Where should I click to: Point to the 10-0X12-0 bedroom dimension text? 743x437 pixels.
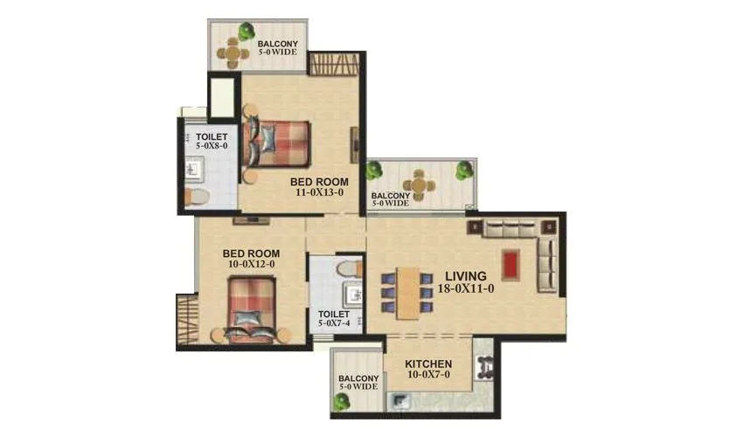[249, 263]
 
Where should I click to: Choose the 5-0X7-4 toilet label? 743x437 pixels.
[334, 324]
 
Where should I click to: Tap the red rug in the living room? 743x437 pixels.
[510, 264]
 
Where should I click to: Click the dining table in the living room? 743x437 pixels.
[407, 292]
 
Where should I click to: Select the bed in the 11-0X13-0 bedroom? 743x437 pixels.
[280, 142]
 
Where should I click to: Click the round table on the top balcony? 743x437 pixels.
[233, 54]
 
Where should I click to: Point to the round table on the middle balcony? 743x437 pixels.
[420, 185]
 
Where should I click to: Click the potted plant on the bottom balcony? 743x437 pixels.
[339, 402]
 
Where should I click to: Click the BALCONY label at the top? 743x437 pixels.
[278, 44]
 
